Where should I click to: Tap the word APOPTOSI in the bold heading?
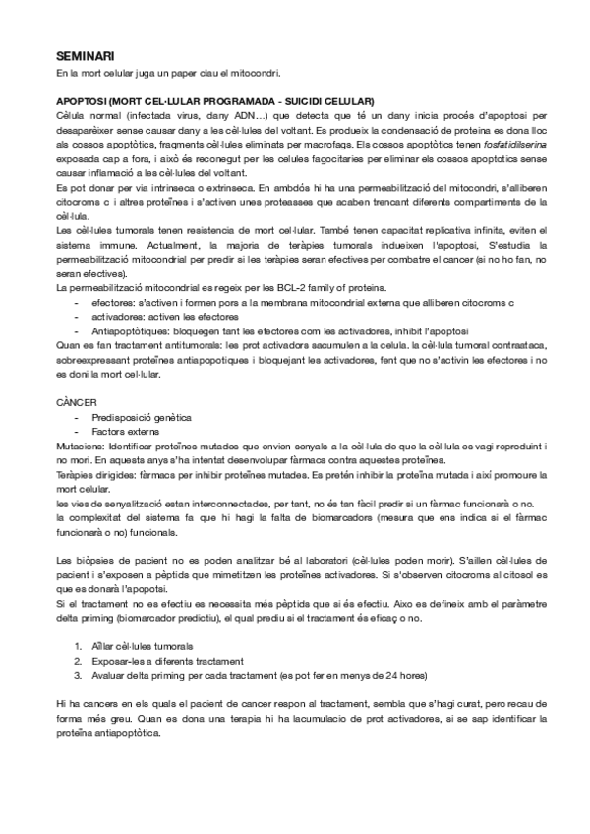click(x=83, y=101)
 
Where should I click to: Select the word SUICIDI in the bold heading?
click(x=308, y=101)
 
